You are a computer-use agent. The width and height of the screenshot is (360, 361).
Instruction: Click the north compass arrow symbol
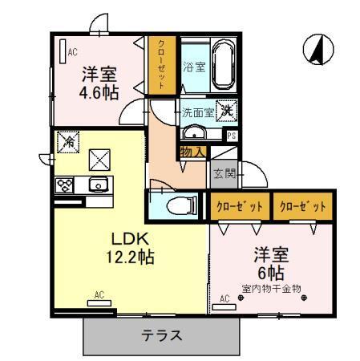[317, 49]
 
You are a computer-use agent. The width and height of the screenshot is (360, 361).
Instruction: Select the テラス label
[163, 335]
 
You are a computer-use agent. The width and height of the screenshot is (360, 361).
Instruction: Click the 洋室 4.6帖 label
[100, 82]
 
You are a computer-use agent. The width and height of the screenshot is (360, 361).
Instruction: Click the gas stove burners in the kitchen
[65, 185]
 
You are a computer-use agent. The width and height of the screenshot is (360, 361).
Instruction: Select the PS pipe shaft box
[232, 136]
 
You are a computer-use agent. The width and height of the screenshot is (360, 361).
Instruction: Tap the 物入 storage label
[193, 151]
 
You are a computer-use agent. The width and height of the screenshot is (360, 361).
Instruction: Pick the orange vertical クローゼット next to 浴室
[161, 67]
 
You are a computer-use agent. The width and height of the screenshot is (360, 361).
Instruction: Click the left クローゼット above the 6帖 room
[240, 206]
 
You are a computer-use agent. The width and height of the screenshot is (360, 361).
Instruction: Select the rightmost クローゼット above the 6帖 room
[303, 206]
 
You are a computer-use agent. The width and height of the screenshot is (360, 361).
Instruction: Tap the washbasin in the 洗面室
[194, 132]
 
